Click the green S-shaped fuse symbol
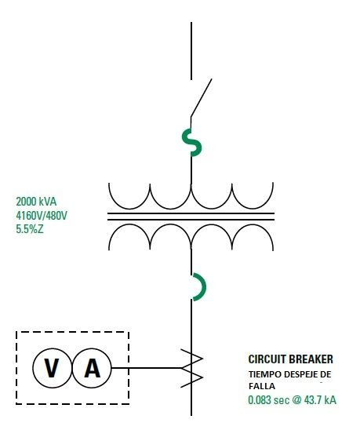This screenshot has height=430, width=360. [191, 142]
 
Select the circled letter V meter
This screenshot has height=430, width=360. [52, 368]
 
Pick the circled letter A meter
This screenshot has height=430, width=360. [92, 368]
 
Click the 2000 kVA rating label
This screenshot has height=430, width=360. [36, 202]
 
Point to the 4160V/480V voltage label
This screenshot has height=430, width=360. [42, 216]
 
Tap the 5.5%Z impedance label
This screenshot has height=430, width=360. [30, 229]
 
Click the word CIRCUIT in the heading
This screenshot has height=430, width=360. [267, 359]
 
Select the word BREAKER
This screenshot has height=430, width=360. [311, 359]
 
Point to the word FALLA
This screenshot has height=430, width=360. [262, 386]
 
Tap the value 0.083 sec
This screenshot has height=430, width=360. [269, 400]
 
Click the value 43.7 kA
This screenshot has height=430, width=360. [320, 400]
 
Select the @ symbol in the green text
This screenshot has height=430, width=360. [296, 400]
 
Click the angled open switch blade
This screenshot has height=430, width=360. [202, 97]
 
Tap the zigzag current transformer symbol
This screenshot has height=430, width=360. [191, 368]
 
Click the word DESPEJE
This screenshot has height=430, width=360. [300, 374]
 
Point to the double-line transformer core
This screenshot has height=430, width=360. [191, 217]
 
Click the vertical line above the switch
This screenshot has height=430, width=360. [191, 51]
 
